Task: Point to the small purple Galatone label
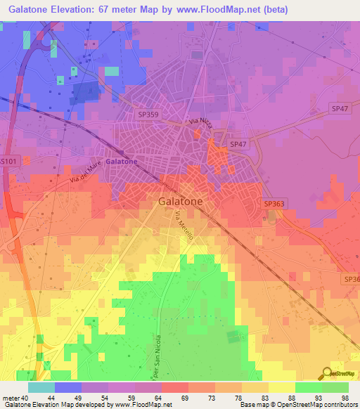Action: click(122, 161)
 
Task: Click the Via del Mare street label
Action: click(86, 172)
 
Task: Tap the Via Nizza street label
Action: click(200, 123)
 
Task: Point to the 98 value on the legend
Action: click(345, 398)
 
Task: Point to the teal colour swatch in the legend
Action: click(41, 387)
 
